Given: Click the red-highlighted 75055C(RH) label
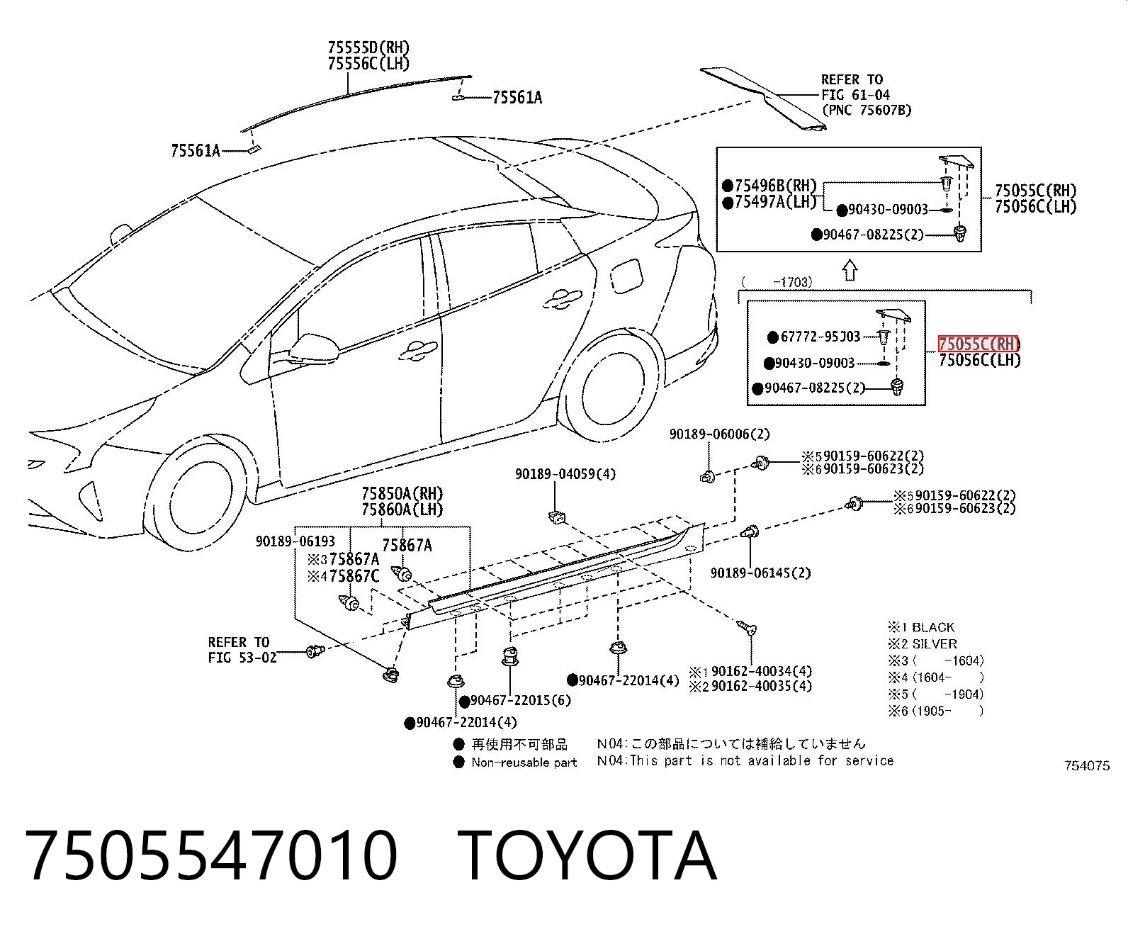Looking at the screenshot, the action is click(978, 344).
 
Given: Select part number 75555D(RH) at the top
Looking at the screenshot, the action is click(368, 47).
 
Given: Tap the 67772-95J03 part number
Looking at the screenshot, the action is click(820, 337).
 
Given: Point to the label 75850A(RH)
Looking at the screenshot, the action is click(402, 493).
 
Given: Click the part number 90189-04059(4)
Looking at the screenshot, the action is click(565, 474).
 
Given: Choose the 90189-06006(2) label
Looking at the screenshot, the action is click(720, 434).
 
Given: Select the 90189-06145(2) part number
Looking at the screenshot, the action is click(761, 573).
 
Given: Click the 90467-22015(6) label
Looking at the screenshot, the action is click(520, 700).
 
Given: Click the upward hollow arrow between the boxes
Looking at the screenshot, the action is click(850, 270).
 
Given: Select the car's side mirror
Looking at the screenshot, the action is click(315, 349).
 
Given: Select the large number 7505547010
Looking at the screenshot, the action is click(211, 858).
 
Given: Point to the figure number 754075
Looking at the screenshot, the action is click(1087, 766).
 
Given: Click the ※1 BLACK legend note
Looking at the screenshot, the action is click(921, 628).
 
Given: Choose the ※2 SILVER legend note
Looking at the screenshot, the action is click(923, 644).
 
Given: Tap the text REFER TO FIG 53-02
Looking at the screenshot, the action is click(242, 651).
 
